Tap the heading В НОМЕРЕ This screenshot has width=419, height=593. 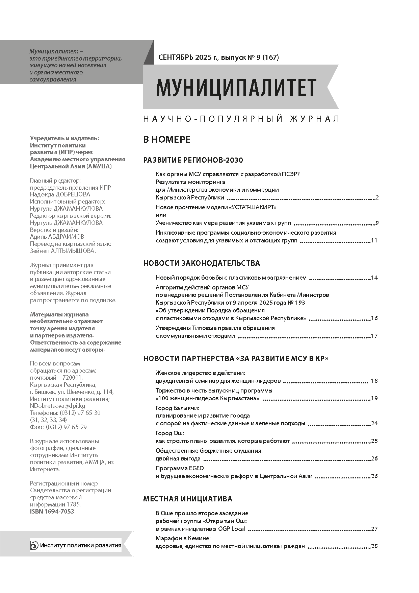coord(167,139)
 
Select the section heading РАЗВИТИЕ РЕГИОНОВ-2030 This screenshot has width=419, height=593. coord(193,160)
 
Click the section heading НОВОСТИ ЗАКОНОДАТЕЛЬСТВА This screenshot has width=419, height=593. coord(202,263)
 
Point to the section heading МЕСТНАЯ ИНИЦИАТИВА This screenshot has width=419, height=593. coord(188,498)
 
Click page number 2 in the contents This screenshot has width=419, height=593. coord(377,198)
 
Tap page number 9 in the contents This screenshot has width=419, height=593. coord(377,223)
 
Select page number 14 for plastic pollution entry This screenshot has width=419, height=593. coord(374,278)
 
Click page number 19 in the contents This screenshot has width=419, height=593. coord(374,398)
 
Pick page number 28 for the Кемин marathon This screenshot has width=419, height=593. coord(374,546)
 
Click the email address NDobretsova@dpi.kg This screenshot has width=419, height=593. coord(57,406)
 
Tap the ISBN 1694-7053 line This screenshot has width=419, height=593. coord(52,511)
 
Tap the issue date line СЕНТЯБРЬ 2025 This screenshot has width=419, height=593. coord(218,57)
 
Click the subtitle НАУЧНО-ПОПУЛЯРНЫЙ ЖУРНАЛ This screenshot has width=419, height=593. coord(241,119)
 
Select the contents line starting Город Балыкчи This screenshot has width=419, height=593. coord(177,408)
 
